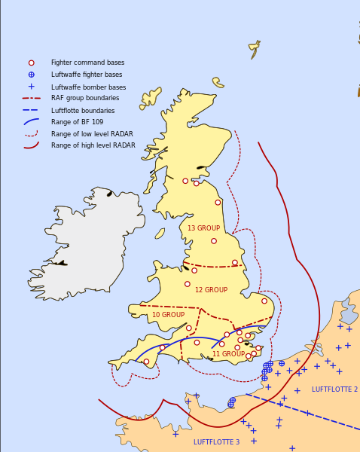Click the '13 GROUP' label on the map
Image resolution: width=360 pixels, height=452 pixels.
click(203, 228)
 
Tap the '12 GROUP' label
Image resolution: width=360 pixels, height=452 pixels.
click(211, 290)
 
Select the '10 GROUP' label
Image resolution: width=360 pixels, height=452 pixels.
click(168, 315)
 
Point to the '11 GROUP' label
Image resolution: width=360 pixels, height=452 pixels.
click(228, 354)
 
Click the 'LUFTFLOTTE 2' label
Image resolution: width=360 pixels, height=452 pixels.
click(334, 389)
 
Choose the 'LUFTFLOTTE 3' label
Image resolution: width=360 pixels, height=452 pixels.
click(216, 442)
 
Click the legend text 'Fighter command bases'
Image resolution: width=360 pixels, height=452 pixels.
click(87, 63)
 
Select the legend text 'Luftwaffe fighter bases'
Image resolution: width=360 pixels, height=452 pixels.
click(86, 75)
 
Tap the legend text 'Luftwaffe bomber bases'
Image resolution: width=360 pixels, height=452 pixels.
click(88, 87)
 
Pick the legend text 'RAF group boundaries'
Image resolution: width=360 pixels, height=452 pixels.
click(84, 98)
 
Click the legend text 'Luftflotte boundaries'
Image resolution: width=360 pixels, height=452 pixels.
click(82, 111)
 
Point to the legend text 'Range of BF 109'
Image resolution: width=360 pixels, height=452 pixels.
click(77, 121)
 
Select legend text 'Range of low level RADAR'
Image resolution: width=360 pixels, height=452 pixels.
click(93, 133)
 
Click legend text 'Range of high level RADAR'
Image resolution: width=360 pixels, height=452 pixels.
click(93, 145)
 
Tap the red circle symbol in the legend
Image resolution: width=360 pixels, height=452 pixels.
click(31, 63)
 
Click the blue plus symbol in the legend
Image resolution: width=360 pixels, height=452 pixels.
click(31, 87)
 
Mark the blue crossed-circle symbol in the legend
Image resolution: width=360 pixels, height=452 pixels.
click(31, 75)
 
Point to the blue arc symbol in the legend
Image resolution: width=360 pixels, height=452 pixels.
click(31, 121)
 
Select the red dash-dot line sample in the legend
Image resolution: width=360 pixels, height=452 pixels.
click(31, 98)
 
